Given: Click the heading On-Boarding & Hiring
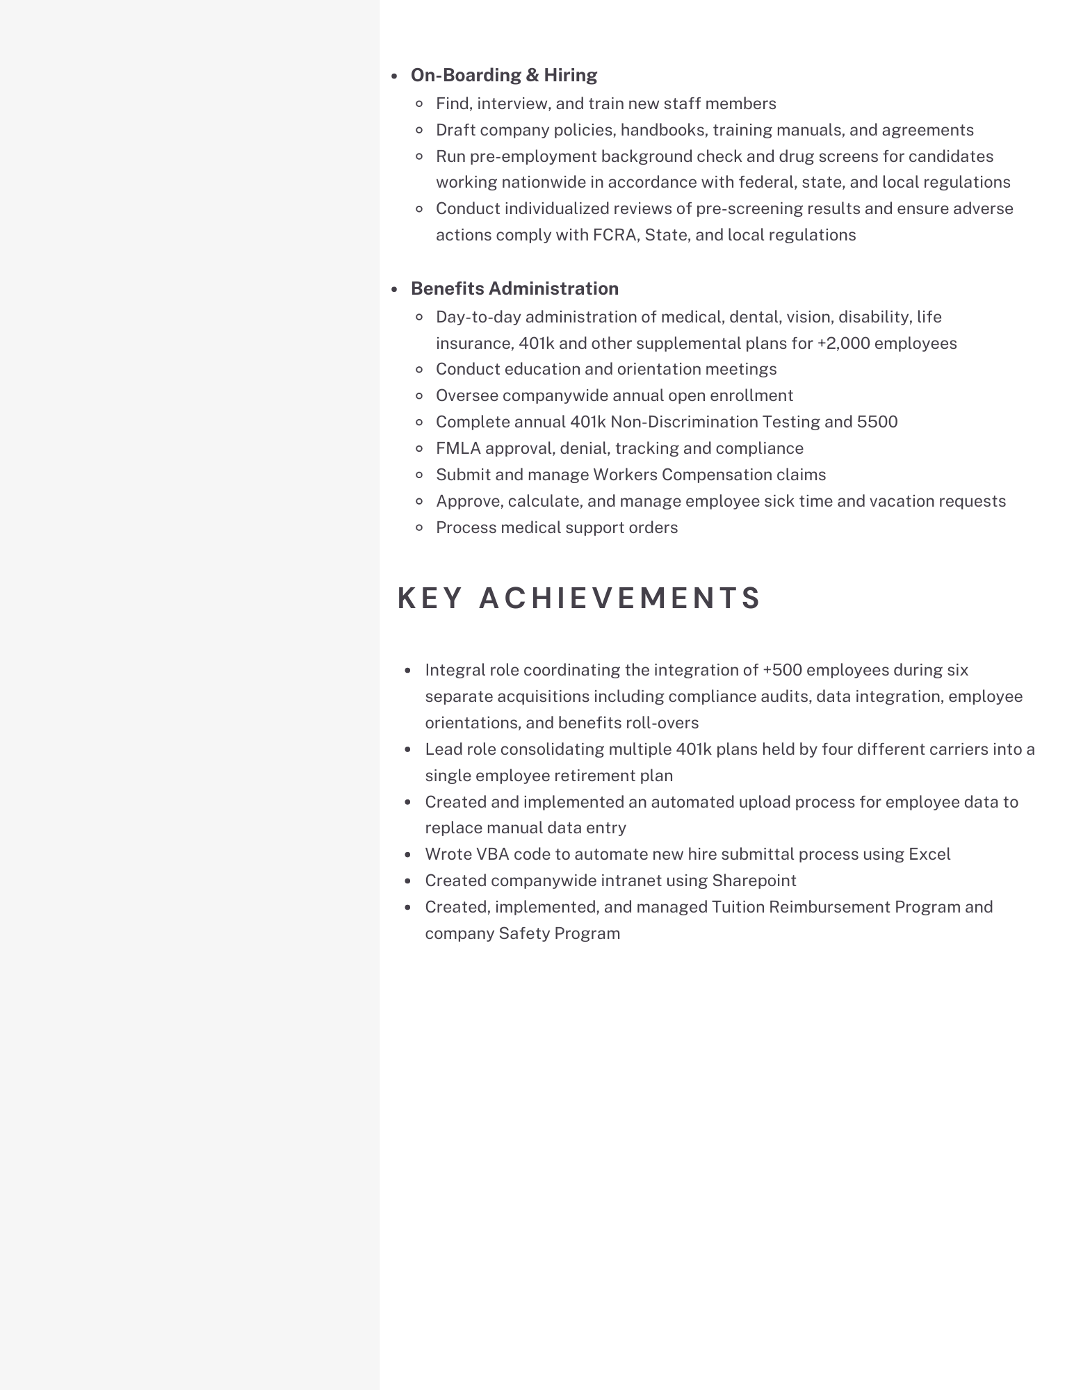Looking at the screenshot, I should click(503, 75).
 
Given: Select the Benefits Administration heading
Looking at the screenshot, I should click(514, 288).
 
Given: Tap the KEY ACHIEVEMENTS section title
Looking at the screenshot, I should click(579, 598).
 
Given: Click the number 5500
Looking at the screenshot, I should click(877, 422).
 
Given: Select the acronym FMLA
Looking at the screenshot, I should click(458, 448).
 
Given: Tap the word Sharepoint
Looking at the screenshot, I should click(754, 881).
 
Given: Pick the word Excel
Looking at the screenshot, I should click(929, 854).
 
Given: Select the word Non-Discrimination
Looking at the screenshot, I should click(684, 422).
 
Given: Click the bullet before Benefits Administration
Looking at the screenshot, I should click(394, 289).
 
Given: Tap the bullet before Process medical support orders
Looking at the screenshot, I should click(419, 528).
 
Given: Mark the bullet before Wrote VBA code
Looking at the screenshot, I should click(409, 855).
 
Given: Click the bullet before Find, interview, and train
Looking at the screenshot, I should click(419, 104).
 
